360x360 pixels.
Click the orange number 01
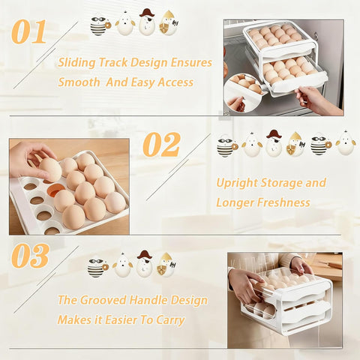29,31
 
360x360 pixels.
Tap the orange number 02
161,145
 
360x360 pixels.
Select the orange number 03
30,256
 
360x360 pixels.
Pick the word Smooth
80,82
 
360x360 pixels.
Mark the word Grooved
111,300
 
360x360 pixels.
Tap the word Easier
121,320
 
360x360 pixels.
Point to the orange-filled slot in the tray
55,190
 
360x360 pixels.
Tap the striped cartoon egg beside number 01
98,25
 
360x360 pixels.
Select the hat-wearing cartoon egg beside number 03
144,264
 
